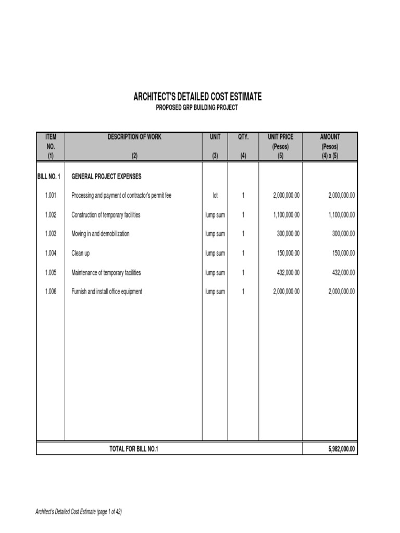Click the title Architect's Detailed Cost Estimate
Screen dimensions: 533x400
[197, 97]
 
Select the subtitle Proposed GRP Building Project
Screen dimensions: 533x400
[197, 108]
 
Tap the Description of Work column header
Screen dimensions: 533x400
[134, 137]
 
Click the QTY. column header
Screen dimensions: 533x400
[243, 137]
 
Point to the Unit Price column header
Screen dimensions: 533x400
[280, 137]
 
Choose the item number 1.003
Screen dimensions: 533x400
[50, 234]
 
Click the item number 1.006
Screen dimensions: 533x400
[50, 291]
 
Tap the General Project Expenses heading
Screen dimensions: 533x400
[106, 176]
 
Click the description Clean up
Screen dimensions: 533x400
[81, 253]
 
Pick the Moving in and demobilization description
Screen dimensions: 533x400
[101, 234]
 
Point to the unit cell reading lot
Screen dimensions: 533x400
[215, 195]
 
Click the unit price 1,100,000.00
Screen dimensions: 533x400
[286, 214]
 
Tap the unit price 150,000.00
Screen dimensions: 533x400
[288, 253]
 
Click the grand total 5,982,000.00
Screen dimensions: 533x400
[337, 449]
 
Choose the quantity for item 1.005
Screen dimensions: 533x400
[243, 272]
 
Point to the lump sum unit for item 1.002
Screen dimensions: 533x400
[215, 214]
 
